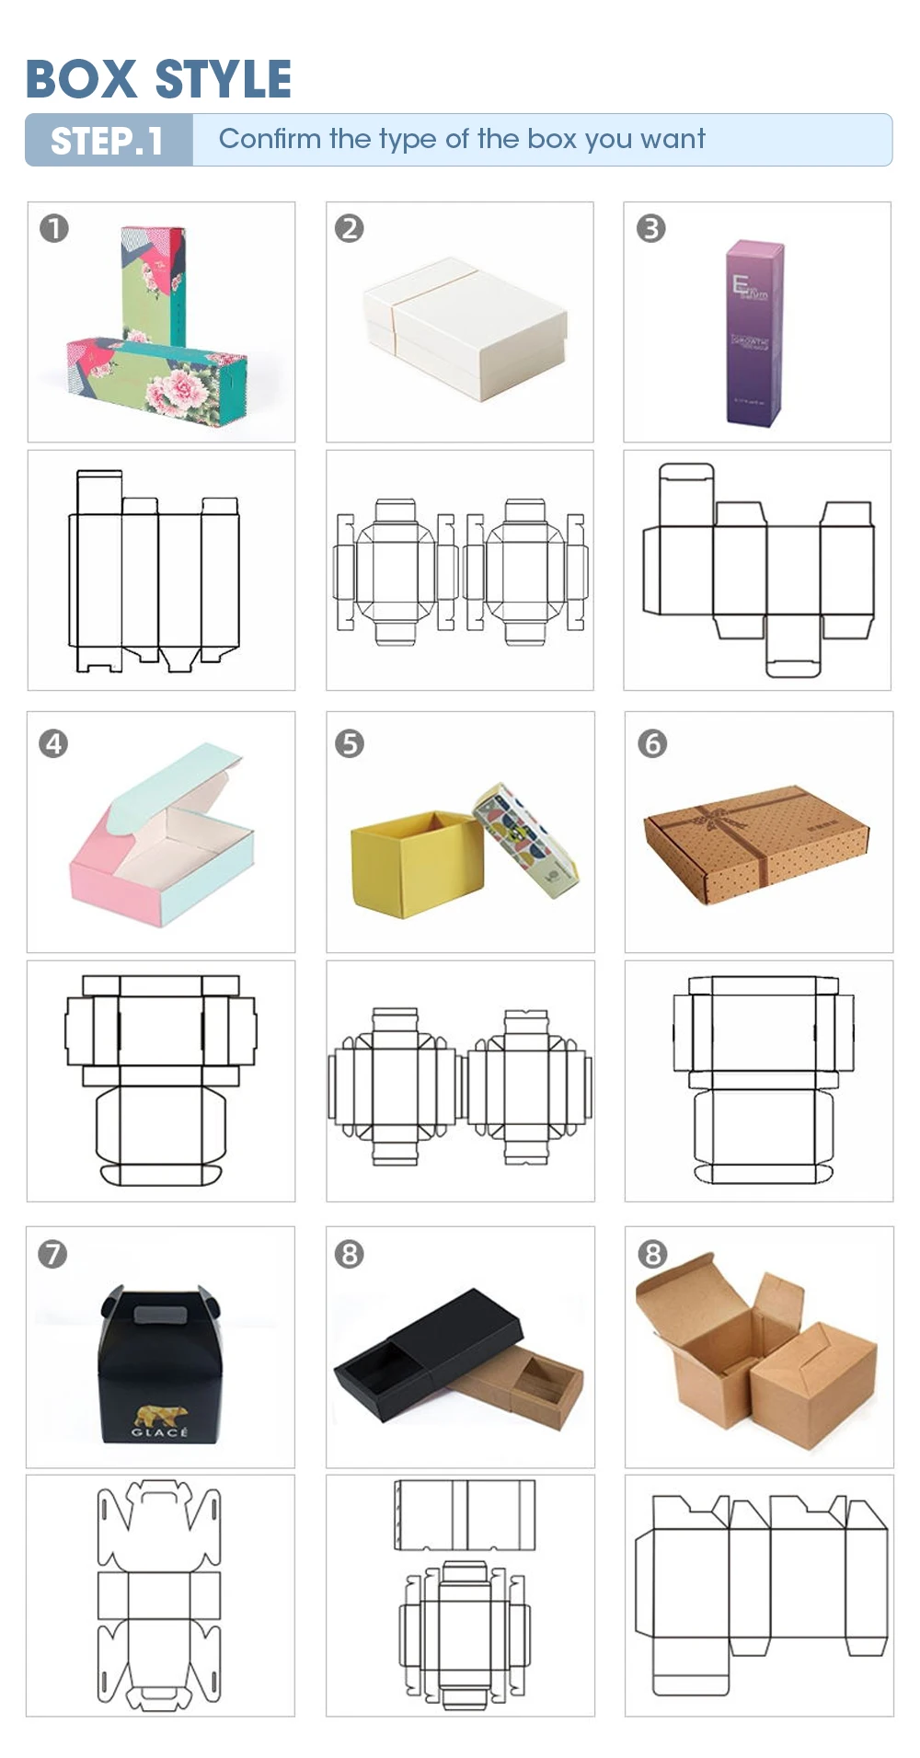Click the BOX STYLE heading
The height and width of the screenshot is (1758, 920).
tap(158, 79)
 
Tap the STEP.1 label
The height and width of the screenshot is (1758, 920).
tap(107, 141)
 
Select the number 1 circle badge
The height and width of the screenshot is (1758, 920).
tap(54, 228)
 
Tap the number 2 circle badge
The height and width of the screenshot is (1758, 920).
tap(350, 228)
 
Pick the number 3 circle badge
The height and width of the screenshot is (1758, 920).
tap(651, 228)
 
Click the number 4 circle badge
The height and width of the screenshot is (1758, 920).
tap(54, 743)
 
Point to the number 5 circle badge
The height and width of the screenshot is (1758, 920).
tap(350, 743)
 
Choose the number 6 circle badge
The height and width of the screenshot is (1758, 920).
tap(652, 743)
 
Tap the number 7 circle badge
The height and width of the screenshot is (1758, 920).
tap(52, 1254)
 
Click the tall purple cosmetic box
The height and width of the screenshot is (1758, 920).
tap(753, 333)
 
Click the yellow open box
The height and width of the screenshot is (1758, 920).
tap(413, 863)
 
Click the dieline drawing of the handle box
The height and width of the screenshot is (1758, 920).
tap(159, 1594)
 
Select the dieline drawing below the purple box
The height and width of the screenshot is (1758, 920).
tap(757, 570)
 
